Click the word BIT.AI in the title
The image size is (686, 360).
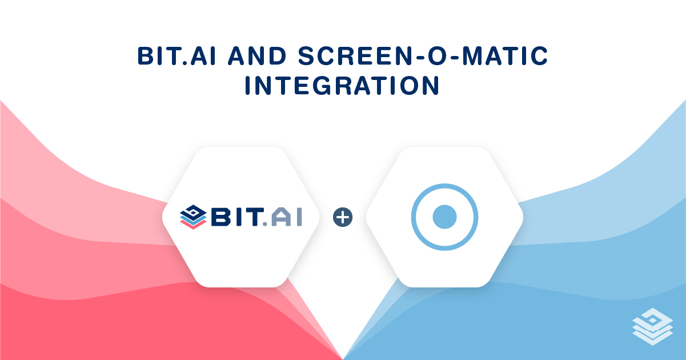(x=176, y=56)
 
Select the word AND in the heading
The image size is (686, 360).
(x=257, y=56)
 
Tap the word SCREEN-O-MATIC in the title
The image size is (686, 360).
(x=423, y=56)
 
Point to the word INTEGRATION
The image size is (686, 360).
(x=343, y=86)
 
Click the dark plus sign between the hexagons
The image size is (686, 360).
(x=343, y=217)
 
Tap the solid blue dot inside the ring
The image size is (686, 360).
(x=445, y=217)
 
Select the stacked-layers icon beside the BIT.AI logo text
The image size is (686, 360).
(x=193, y=217)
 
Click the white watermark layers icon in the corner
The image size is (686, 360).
(x=653, y=326)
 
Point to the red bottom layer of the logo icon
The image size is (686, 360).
(x=193, y=225)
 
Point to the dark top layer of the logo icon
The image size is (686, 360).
(x=193, y=211)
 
